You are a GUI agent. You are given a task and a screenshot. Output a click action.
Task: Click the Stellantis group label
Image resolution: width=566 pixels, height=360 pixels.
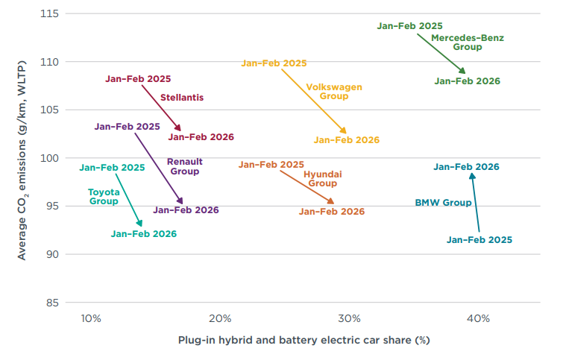182,97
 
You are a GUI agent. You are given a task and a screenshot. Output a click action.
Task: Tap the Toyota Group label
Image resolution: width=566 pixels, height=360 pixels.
104,196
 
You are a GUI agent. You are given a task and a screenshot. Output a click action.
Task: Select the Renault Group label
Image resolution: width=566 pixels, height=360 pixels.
184,166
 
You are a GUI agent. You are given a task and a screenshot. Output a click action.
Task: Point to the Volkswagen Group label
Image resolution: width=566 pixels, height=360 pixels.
334,92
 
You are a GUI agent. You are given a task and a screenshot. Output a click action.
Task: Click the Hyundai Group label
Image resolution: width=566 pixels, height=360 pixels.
322,178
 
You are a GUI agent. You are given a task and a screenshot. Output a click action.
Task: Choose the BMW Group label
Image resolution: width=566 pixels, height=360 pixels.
443,203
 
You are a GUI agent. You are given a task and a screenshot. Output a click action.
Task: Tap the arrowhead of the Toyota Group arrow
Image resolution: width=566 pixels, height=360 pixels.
139,224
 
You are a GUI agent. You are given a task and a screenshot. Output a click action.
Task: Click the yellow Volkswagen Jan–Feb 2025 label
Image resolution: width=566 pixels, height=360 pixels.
274,63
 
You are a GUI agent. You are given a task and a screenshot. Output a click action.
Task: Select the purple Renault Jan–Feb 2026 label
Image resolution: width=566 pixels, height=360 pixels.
186,210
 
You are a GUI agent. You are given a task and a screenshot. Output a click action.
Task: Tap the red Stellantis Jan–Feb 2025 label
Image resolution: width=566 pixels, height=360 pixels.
138,78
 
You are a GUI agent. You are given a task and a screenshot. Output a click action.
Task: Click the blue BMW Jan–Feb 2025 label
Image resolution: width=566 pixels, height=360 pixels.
479,239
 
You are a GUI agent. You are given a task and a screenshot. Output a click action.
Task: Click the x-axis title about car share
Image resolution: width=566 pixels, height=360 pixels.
304,340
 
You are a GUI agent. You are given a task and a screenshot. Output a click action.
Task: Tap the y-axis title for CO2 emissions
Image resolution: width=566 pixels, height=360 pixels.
23,159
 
